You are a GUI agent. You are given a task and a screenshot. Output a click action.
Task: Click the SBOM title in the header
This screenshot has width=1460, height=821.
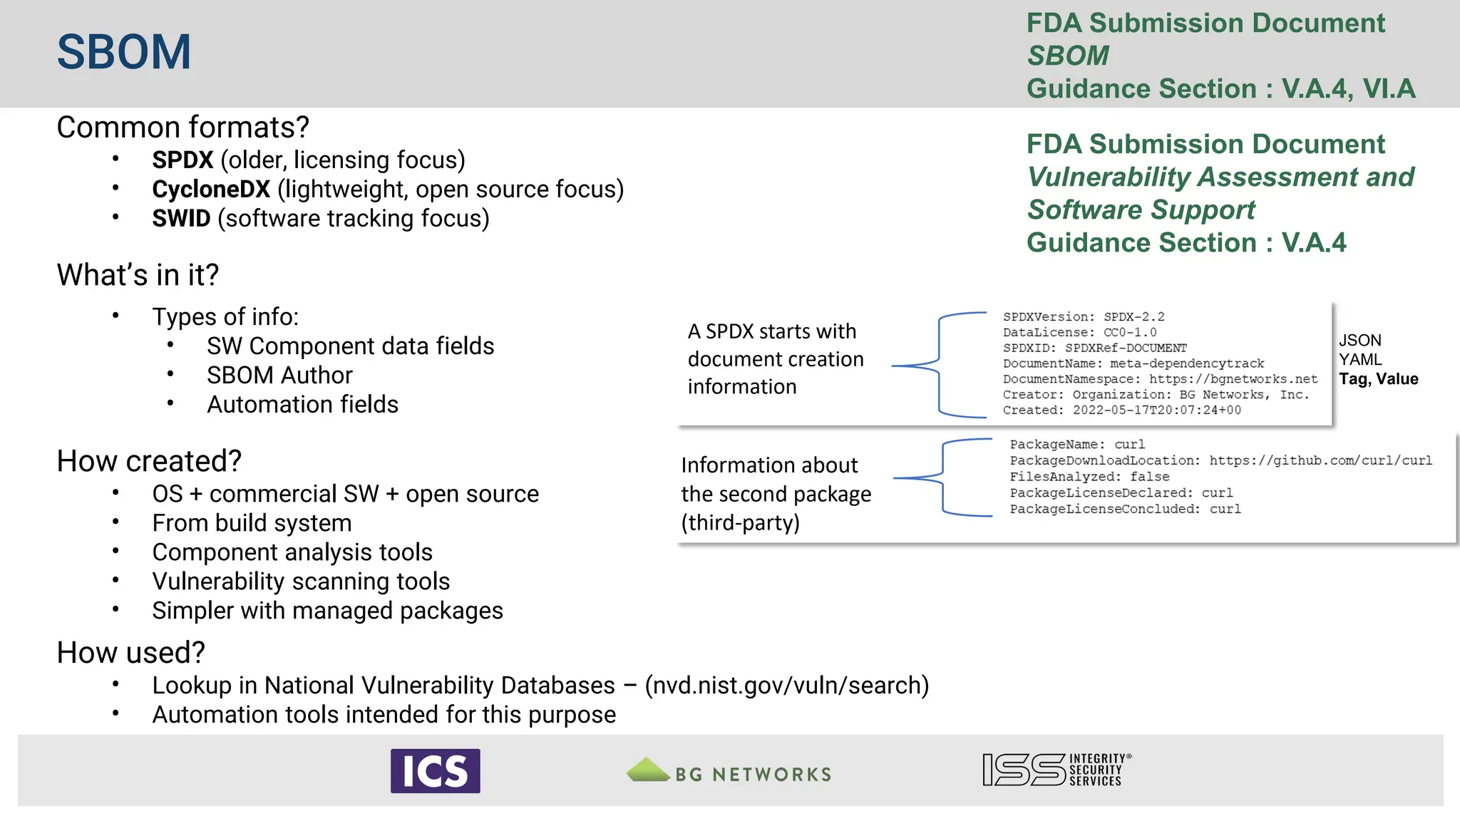pos(124,53)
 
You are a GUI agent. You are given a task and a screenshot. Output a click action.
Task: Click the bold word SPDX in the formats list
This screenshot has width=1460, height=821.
pos(182,160)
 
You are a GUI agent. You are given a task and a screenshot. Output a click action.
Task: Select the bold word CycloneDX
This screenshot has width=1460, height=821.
pos(211,190)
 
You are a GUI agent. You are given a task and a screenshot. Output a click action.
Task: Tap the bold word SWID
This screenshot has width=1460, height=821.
pos(181,219)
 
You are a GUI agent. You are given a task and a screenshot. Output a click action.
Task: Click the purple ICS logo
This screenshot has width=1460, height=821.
pos(435,771)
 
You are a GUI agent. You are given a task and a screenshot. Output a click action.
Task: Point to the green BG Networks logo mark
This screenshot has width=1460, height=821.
pos(647,770)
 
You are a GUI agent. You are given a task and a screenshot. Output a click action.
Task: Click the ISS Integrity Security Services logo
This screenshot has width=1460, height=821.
pos(1057,770)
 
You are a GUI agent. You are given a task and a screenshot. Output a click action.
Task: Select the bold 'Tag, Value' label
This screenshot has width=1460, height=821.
pos(1378,379)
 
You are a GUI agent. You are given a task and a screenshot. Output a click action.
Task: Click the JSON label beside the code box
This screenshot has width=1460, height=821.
pos(1359,341)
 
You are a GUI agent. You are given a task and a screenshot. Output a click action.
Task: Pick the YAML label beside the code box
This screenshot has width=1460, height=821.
pos(1359,360)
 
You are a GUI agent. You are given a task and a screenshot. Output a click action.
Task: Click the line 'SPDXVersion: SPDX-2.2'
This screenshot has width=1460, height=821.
pos(1083,317)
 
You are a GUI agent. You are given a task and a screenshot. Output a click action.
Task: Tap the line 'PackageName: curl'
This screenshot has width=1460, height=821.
pos(1076,445)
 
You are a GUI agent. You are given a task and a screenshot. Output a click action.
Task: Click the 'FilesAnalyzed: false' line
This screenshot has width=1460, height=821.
pos(1089,477)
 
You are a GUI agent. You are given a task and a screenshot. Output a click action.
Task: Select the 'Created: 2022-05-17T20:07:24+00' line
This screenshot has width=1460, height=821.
pos(1121,410)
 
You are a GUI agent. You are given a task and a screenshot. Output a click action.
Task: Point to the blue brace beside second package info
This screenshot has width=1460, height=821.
pos(943,477)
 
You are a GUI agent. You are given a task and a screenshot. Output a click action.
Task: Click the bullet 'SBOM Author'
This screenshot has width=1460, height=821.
pos(279,376)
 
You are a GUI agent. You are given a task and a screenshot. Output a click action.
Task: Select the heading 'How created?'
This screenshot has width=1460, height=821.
pos(149,461)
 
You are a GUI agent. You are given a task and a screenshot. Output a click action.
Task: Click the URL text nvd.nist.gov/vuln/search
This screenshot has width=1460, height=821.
pos(786,686)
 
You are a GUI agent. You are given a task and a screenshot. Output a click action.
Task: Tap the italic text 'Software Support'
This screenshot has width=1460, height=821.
pos(1141,210)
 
